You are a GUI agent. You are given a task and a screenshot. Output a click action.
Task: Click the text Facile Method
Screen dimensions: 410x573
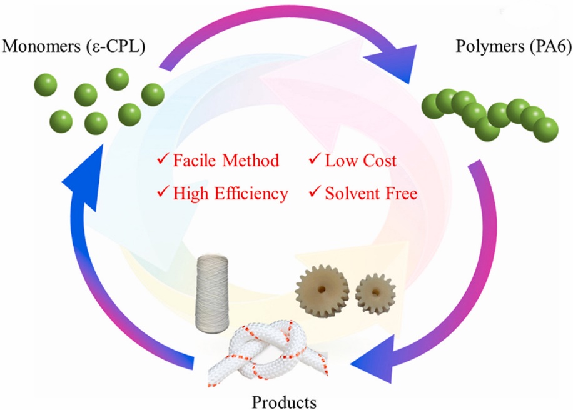[x=226, y=161]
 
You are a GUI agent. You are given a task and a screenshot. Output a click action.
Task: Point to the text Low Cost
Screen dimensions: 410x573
[x=360, y=161]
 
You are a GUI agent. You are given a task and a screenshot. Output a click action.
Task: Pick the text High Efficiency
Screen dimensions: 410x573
[x=230, y=194]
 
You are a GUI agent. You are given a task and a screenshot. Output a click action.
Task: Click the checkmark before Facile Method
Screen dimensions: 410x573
[x=163, y=161]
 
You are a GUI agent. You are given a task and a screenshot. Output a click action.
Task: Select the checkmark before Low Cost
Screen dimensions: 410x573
[x=315, y=161]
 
